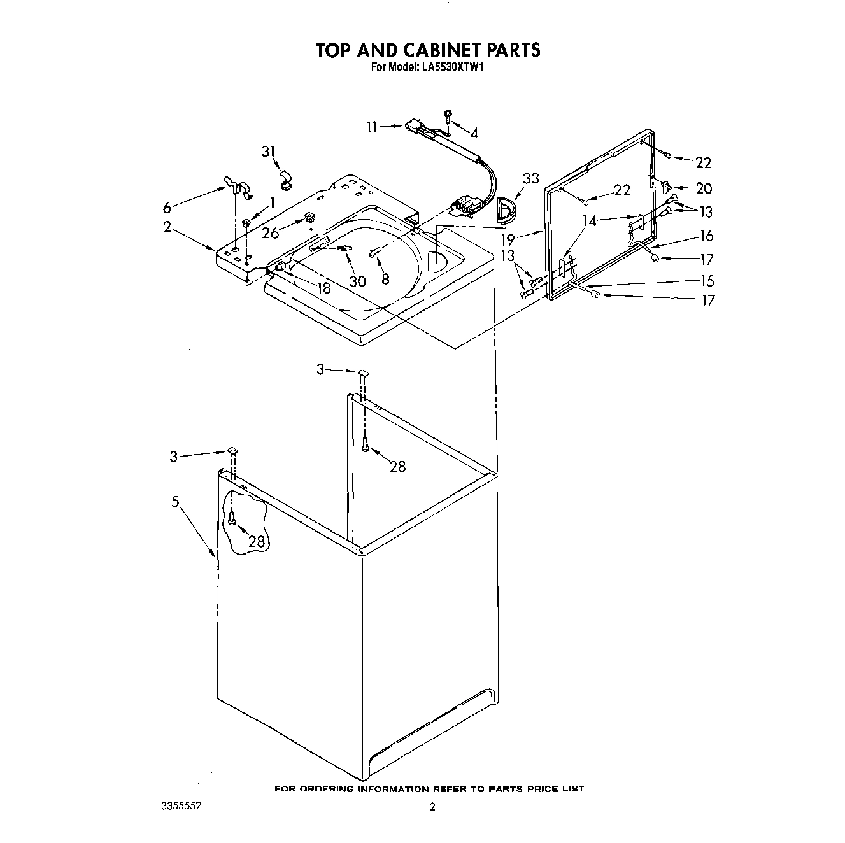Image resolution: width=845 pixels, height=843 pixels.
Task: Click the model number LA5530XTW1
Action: [451, 67]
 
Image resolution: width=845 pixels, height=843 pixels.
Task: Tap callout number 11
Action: [372, 127]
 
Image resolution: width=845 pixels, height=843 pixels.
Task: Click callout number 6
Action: [167, 207]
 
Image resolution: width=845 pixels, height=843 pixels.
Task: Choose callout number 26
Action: [271, 233]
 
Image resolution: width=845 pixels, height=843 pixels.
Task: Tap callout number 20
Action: [704, 188]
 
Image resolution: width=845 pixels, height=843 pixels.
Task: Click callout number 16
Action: [706, 236]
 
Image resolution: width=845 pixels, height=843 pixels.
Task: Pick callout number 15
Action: [706, 281]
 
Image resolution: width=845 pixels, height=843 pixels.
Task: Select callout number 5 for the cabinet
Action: [175, 502]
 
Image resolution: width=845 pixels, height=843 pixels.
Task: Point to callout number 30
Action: [358, 281]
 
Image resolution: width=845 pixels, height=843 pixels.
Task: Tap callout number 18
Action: [323, 288]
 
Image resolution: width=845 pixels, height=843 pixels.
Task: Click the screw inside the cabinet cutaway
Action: [232, 520]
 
